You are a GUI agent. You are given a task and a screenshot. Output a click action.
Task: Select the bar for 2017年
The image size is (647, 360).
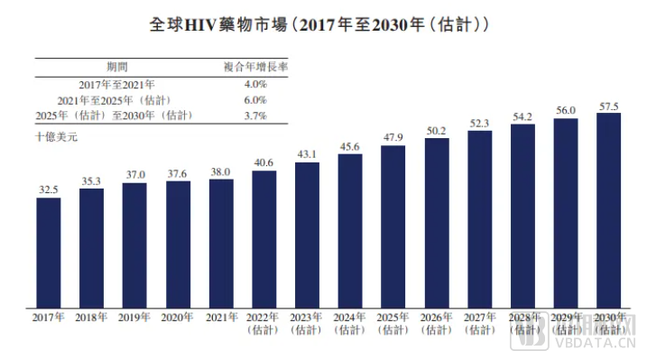click(48, 252)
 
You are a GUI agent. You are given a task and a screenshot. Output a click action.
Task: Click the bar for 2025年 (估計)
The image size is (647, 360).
click(393, 226)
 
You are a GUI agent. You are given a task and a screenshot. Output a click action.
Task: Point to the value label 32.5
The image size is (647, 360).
click(48, 189)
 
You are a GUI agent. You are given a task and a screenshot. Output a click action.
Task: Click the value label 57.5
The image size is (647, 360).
click(609, 106)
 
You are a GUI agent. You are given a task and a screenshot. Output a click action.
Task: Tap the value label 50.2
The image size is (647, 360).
click(437, 131)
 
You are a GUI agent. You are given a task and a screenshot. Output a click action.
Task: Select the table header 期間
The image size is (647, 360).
click(117, 67)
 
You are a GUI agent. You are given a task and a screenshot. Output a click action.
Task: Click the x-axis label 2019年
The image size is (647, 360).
click(134, 318)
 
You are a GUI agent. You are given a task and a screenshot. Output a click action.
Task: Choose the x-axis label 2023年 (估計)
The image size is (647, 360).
click(307, 324)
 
